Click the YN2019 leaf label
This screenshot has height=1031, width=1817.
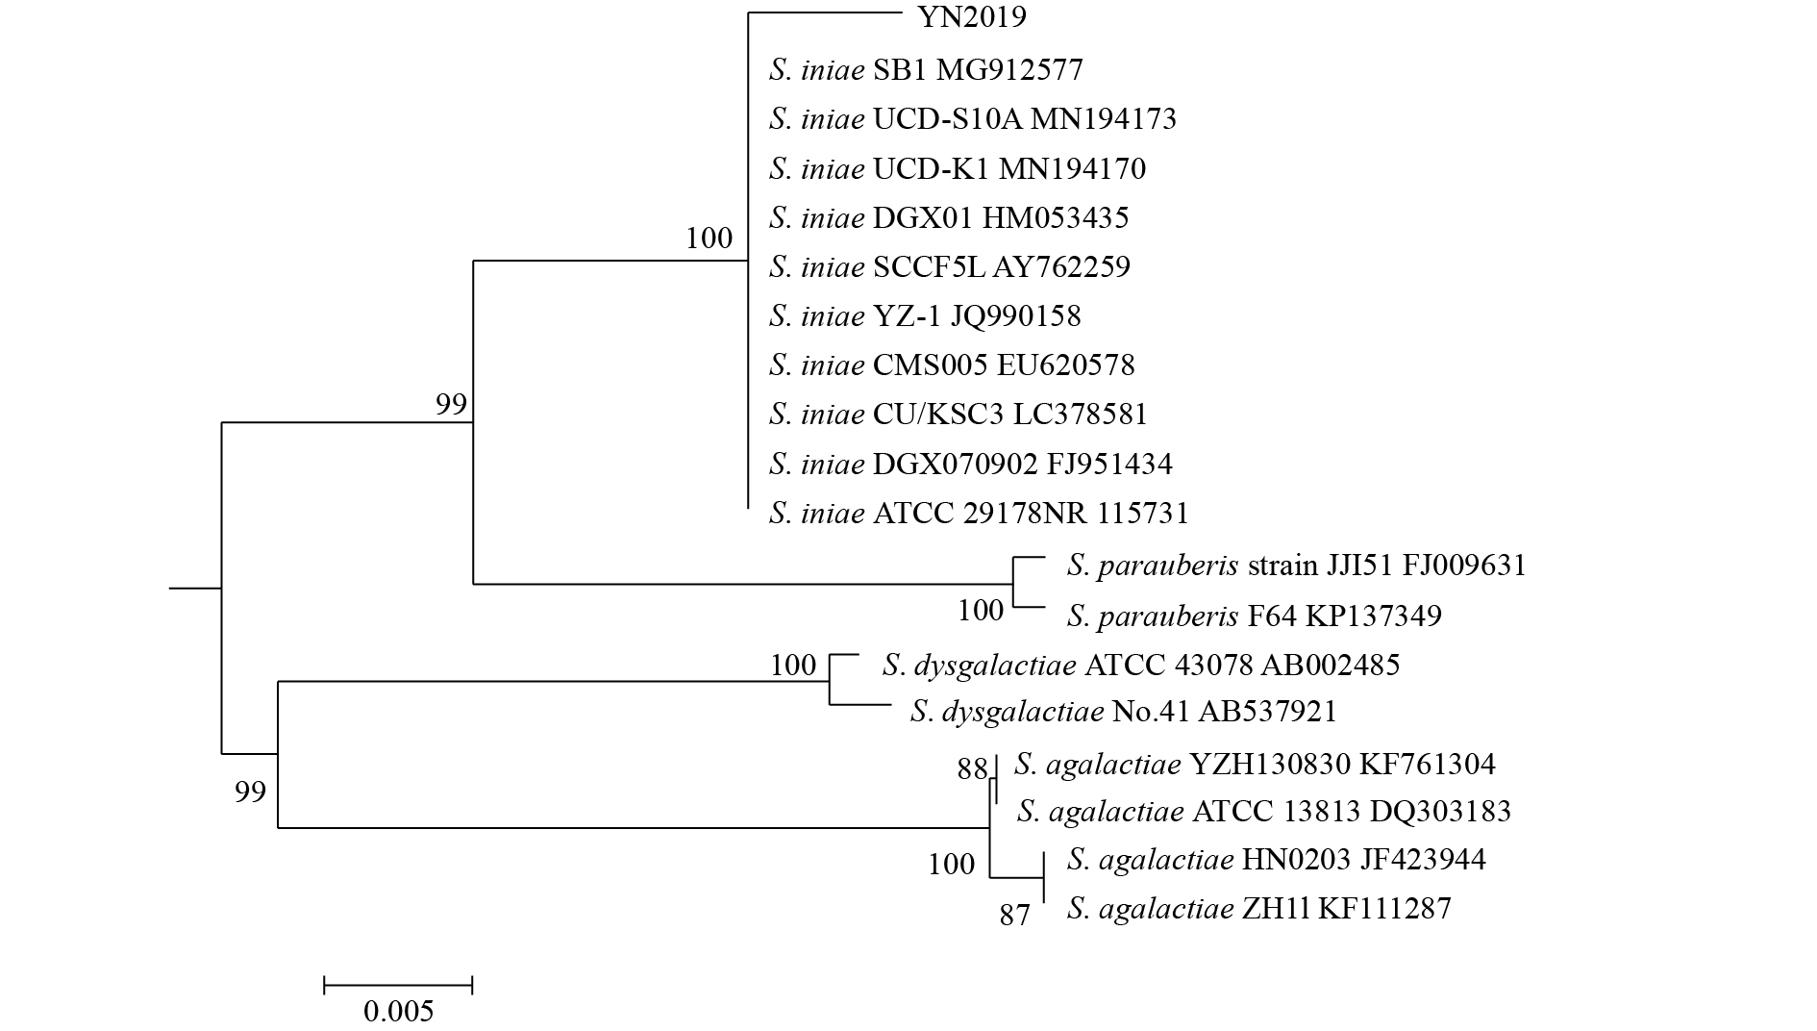tap(972, 17)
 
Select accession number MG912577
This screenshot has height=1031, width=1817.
tap(1009, 70)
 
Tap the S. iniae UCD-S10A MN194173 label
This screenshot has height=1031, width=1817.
tap(972, 119)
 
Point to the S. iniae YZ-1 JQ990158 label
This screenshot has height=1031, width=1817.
tap(925, 315)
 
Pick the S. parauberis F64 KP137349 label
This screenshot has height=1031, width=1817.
tap(1254, 616)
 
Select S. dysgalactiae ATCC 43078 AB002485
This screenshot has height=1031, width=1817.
tap(1140, 665)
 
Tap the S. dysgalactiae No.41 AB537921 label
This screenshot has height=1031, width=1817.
tap(1123, 712)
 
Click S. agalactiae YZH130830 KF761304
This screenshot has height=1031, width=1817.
tap(1255, 765)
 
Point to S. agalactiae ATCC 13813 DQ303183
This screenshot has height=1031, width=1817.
tap(1263, 812)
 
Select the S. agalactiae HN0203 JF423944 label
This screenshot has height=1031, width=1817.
tap(1276, 859)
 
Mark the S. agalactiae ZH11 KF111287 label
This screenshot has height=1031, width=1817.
tap(1258, 908)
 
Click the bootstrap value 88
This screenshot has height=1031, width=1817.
tap(972, 768)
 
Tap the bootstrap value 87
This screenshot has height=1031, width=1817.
tap(1014, 915)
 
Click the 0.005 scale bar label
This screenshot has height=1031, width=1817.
tap(398, 1011)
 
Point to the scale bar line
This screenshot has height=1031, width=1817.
tap(398, 984)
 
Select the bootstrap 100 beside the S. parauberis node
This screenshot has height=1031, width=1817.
tap(981, 610)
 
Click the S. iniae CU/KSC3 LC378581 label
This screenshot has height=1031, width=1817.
tap(958, 414)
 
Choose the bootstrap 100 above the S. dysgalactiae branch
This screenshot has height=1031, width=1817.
tap(792, 665)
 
